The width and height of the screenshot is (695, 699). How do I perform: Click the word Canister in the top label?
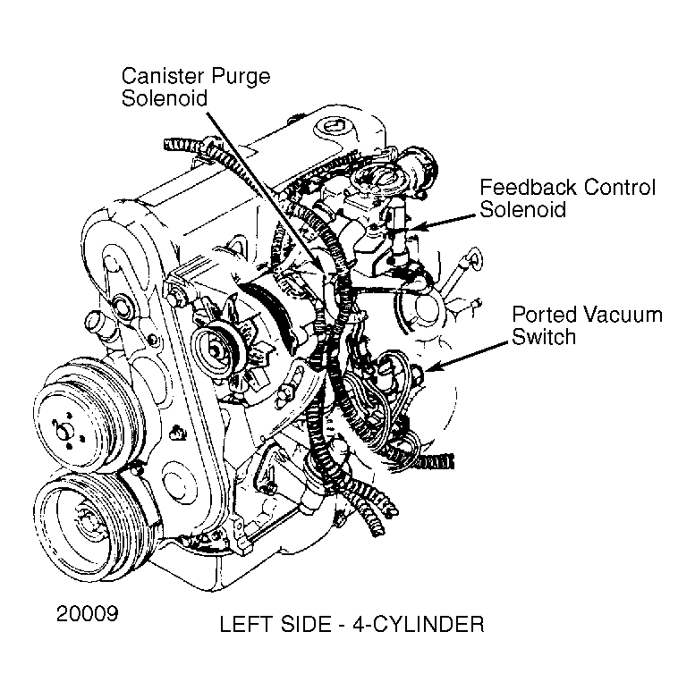pos(163,76)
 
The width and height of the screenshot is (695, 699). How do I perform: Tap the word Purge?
pos(241,77)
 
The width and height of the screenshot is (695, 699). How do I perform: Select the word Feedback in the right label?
pos(528,187)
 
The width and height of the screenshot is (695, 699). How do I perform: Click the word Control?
pos(620,187)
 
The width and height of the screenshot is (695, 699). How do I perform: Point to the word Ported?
pos(545,315)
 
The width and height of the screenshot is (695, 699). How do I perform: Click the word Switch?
pos(544,337)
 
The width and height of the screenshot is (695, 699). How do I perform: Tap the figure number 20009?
pos(88,613)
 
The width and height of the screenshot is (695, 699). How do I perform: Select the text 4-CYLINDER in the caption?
pos(419,624)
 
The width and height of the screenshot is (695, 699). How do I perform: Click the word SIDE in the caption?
pos(306,624)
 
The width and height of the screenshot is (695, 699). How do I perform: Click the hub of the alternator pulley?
pos(216,350)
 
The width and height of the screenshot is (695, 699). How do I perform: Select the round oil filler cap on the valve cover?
pos(335,127)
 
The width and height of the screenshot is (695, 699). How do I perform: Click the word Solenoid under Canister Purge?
pos(165,98)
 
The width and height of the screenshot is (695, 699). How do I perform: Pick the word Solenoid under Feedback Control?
pos(522,209)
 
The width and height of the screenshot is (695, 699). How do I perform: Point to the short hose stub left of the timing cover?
pos(95,322)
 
